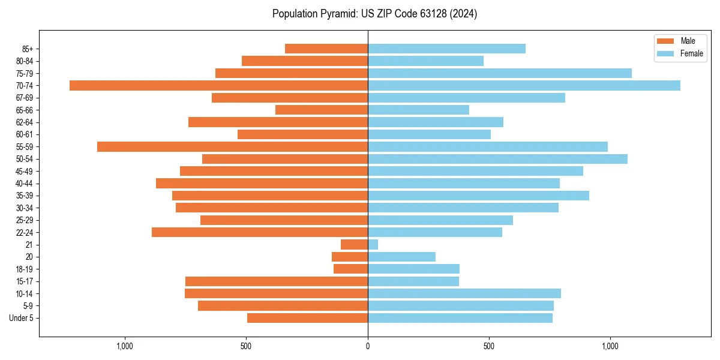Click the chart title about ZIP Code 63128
pyautogui.click(x=374, y=14)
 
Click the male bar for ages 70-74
pyautogui.click(x=218, y=85)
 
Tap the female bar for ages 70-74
pyautogui.click(x=524, y=85)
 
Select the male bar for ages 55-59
pyautogui.click(x=232, y=146)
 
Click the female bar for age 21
pyautogui.click(x=373, y=244)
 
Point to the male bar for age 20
pyautogui.click(x=350, y=257)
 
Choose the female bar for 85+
pyautogui.click(x=446, y=49)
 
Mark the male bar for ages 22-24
pyautogui.click(x=260, y=232)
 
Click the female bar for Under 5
pyautogui.click(x=460, y=318)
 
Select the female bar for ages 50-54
pyautogui.click(x=497, y=159)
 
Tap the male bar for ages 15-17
pyautogui.click(x=277, y=281)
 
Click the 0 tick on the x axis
pyautogui.click(x=368, y=346)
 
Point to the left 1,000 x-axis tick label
pyautogui.click(x=125, y=346)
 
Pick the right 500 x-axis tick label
pyautogui.click(x=489, y=346)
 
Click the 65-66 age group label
pyautogui.click(x=24, y=110)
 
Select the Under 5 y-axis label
pyautogui.click(x=21, y=318)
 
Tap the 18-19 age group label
pyautogui.click(x=24, y=269)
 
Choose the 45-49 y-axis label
pyautogui.click(x=24, y=171)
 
